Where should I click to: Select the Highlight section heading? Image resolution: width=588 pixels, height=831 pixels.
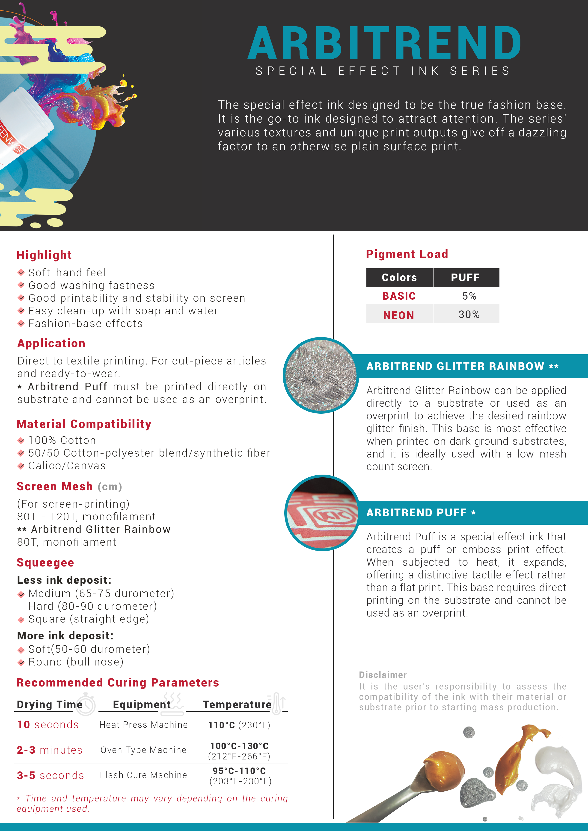(x=44, y=255)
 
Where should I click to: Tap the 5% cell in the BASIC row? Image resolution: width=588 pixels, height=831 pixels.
(x=469, y=296)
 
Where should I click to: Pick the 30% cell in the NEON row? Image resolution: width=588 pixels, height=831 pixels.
(x=469, y=315)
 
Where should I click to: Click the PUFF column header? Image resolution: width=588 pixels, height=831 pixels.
(x=465, y=278)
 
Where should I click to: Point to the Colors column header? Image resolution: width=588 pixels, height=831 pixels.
(x=399, y=278)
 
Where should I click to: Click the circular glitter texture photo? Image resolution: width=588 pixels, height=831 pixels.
(x=321, y=375)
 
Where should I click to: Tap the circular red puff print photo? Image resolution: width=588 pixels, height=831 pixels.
(x=322, y=513)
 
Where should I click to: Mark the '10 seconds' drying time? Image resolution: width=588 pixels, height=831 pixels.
(x=48, y=725)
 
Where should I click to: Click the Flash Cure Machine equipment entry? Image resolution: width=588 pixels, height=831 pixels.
(x=143, y=775)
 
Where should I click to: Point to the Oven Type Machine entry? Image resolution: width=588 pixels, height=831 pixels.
(x=143, y=750)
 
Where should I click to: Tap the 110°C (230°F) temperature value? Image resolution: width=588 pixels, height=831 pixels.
(x=239, y=725)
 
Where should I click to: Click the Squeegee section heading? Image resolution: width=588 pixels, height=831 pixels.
(x=45, y=563)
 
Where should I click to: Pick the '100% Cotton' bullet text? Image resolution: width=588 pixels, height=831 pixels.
(x=62, y=440)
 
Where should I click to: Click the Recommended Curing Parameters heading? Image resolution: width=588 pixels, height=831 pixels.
(x=118, y=683)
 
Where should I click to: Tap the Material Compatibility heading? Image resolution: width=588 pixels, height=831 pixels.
(x=84, y=424)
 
